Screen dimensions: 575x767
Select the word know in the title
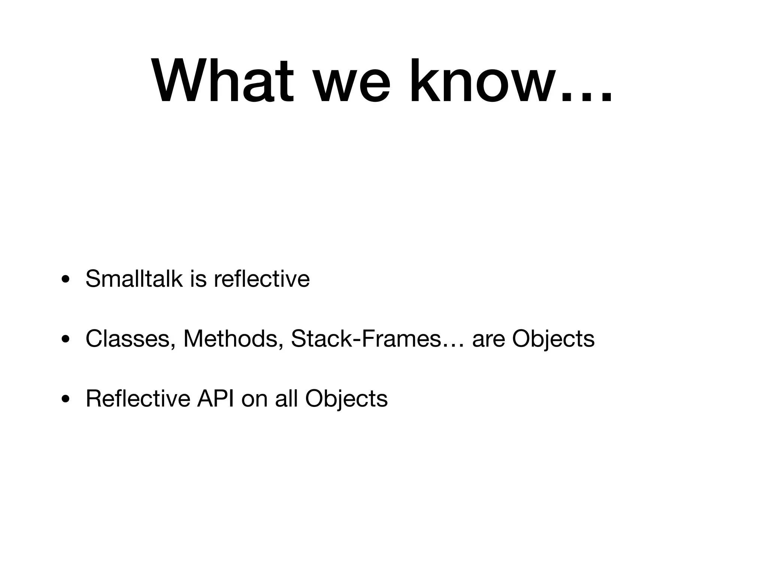pyautogui.click(x=481, y=81)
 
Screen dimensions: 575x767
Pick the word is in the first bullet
pyautogui.click(x=198, y=279)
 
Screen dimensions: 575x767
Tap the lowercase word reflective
pyautogui.click(x=262, y=279)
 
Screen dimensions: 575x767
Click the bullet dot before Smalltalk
pyautogui.click(x=66, y=280)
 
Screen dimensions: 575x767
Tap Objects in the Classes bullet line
pyautogui.click(x=553, y=339)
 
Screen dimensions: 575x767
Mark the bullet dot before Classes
pyautogui.click(x=66, y=340)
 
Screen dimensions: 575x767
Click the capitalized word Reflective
pyautogui.click(x=137, y=398)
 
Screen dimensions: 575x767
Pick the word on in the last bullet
pyautogui.click(x=254, y=399)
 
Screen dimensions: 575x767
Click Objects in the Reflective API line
pyautogui.click(x=346, y=399)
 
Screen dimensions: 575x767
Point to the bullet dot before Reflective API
pyautogui.click(x=66, y=399)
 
